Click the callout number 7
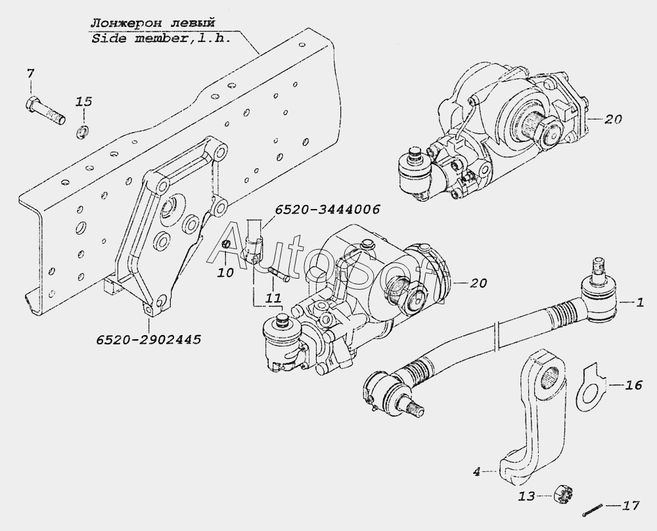(x=31, y=74)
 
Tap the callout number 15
(x=84, y=102)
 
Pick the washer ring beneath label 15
(x=82, y=131)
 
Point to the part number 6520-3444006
(x=327, y=209)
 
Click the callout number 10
(x=226, y=273)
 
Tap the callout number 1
(x=639, y=302)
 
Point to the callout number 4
(x=476, y=471)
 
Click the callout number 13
(x=527, y=497)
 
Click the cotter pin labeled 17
(x=593, y=509)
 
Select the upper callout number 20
(x=613, y=120)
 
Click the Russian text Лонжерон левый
(x=152, y=23)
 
